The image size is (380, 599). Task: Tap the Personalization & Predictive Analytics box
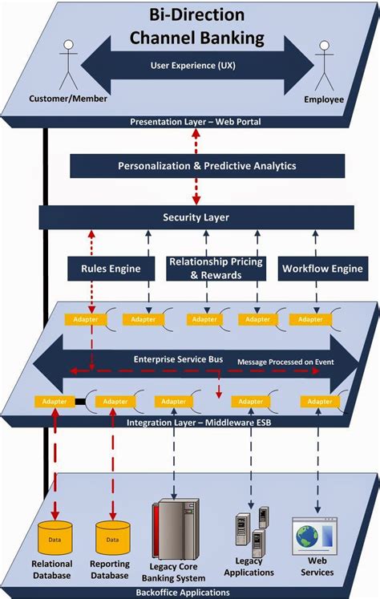(207, 166)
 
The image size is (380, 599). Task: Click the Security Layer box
(196, 217)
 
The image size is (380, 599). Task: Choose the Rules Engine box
(110, 269)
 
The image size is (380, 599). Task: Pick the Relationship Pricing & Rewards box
(207, 269)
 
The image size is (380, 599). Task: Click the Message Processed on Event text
(285, 362)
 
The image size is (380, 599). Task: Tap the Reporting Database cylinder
(112, 536)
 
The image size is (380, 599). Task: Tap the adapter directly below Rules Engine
(84, 319)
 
